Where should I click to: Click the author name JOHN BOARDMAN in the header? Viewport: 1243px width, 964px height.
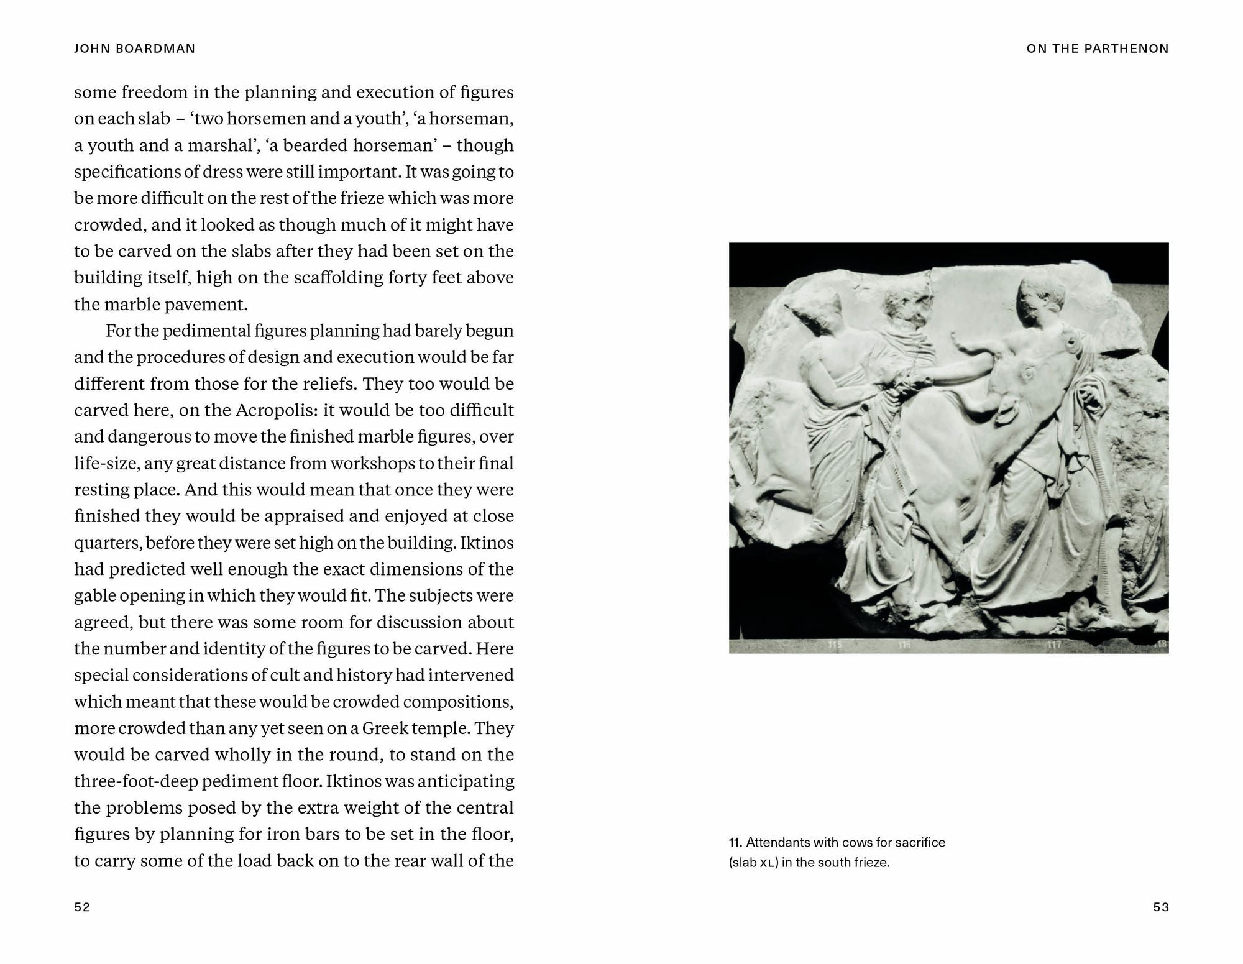(134, 48)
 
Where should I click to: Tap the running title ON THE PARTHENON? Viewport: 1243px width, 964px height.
(1097, 48)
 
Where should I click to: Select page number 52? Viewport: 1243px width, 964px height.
(82, 907)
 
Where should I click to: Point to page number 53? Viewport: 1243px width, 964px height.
(1160, 907)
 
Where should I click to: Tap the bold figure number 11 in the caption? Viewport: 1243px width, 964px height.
(735, 843)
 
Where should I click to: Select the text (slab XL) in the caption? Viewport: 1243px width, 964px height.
(753, 863)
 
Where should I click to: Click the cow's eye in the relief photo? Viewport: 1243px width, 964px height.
(1026, 373)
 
